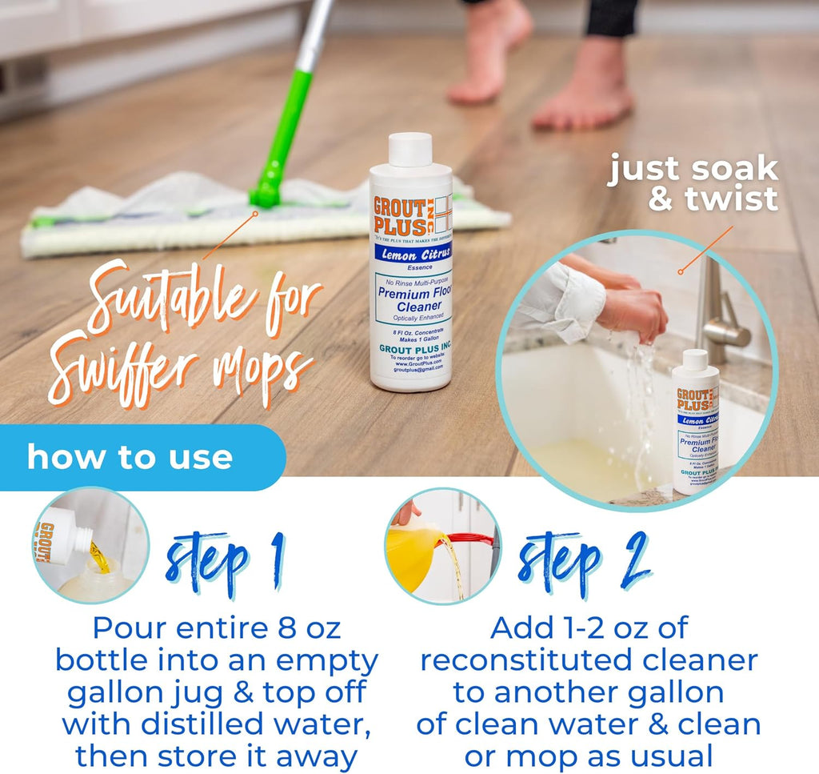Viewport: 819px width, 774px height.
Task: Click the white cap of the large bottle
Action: (x=411, y=150)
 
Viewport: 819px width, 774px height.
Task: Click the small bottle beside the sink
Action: (x=694, y=419)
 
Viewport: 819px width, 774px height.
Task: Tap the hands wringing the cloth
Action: (x=632, y=312)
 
